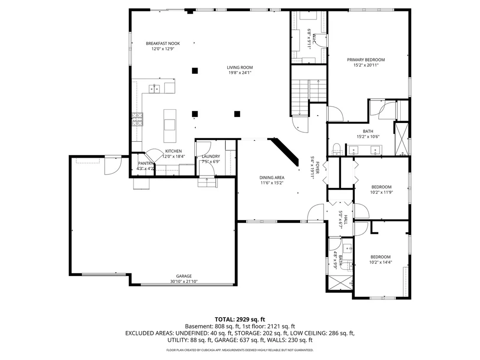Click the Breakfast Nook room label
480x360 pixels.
click(x=163, y=43)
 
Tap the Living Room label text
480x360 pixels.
click(x=240, y=67)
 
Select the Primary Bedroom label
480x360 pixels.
click(x=366, y=60)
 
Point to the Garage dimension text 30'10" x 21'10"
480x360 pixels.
click(x=184, y=282)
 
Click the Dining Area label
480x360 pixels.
click(x=272, y=178)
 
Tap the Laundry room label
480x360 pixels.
click(x=211, y=156)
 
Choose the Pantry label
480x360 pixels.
click(x=145, y=163)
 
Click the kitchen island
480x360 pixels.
click(x=170, y=126)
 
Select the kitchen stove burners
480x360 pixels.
click(x=137, y=120)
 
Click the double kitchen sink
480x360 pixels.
click(x=154, y=89)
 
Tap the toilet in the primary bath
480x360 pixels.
click(x=337, y=149)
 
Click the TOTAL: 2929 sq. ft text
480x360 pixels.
click(x=240, y=320)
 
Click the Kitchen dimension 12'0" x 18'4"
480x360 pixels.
click(x=174, y=156)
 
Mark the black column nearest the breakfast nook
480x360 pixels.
click(x=195, y=71)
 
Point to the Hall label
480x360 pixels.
click(x=346, y=220)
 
